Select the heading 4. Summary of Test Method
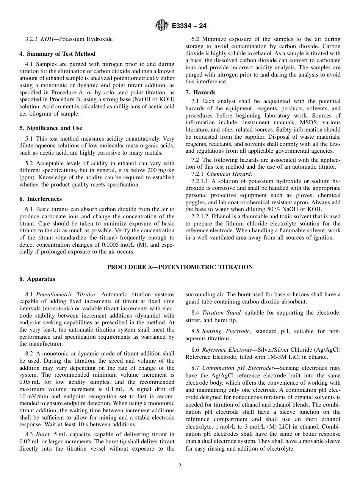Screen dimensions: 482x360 (x=57, y=53)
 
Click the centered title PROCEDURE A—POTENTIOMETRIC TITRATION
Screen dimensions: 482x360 (x=180, y=267)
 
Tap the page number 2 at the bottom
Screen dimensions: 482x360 (x=180, y=466)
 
